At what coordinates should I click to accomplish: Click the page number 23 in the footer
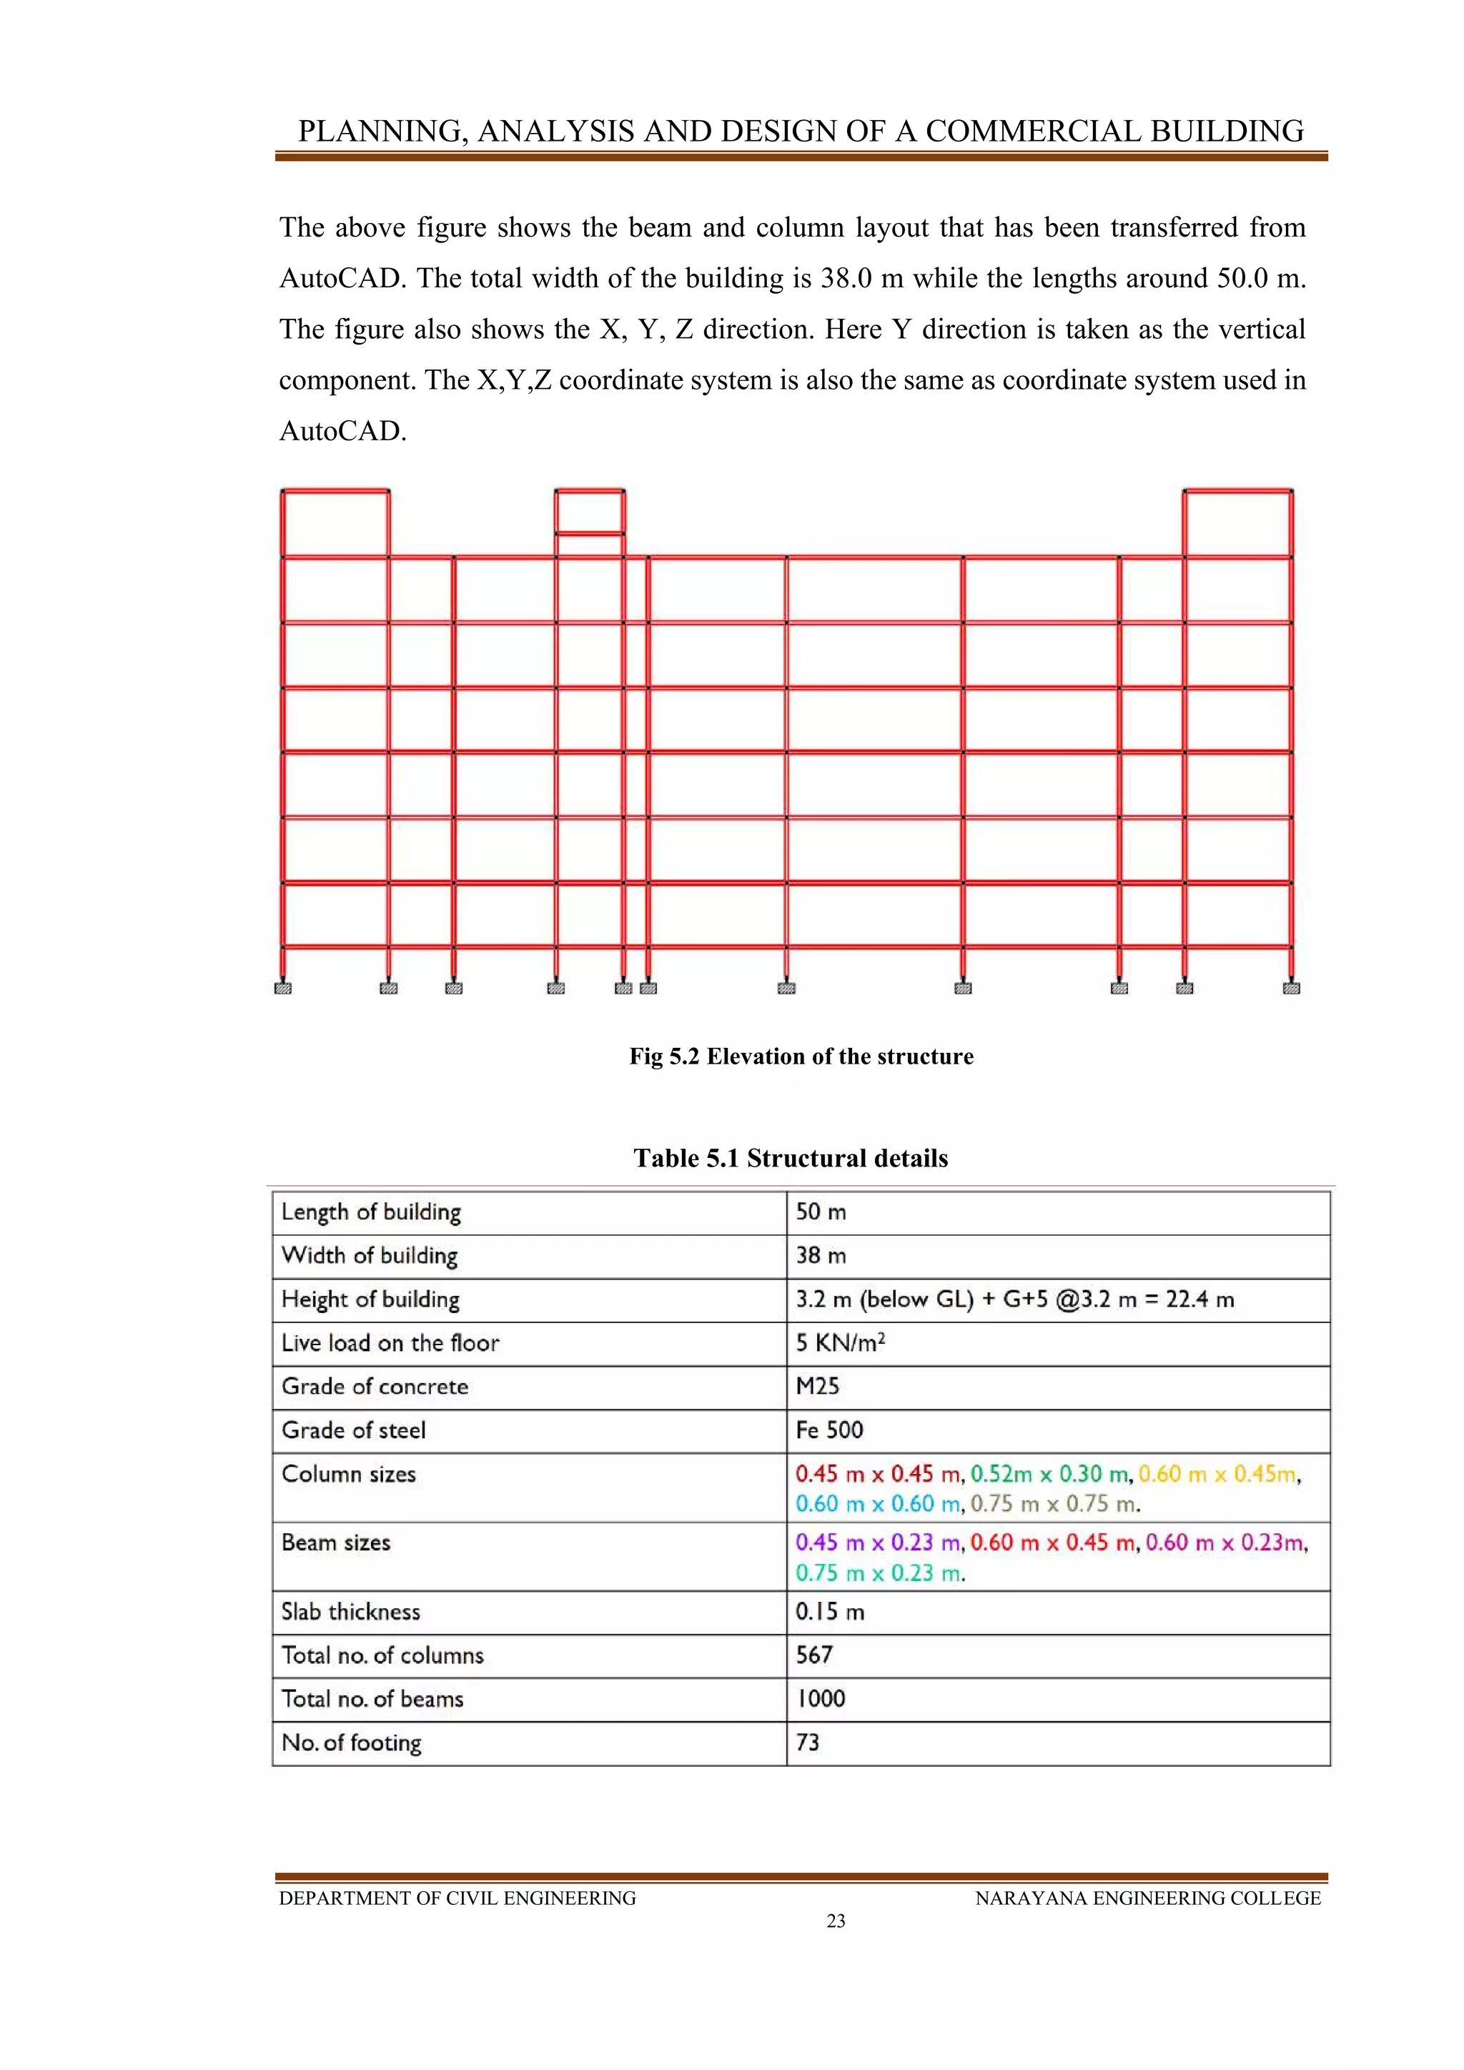(x=836, y=1921)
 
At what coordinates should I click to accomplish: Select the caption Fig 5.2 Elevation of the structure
(x=801, y=1056)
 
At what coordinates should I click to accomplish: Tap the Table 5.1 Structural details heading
(x=791, y=1158)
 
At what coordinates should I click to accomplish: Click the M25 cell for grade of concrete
(x=817, y=1386)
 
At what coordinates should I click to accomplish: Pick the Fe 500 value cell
(x=829, y=1430)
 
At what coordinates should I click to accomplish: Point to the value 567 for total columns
(x=814, y=1655)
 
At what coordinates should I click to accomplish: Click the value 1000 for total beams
(x=821, y=1698)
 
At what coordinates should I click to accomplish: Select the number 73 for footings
(x=807, y=1742)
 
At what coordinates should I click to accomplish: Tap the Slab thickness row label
(x=351, y=1611)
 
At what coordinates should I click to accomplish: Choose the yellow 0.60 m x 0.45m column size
(x=1219, y=1474)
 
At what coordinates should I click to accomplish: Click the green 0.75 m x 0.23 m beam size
(x=880, y=1573)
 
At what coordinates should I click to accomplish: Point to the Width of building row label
(x=370, y=1255)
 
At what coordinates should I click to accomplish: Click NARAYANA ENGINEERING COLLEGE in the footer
(x=1147, y=1898)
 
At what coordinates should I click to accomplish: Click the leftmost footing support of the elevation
(x=283, y=988)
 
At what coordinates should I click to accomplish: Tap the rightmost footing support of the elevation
(x=1291, y=988)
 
